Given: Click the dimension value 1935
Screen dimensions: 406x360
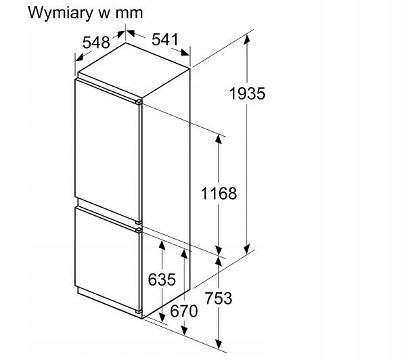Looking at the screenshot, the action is point(247,93).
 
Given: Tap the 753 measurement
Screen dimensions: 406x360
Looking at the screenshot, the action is point(219,298).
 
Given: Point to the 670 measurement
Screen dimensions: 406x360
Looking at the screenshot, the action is point(183,311).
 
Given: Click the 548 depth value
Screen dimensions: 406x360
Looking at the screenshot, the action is point(96,42).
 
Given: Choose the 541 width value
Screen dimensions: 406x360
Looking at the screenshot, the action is point(164,40).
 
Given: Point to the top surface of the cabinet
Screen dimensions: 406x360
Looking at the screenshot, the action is point(134,62).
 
